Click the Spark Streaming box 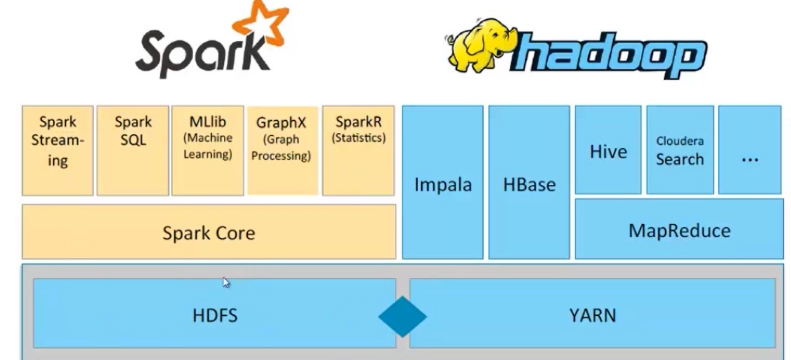pos(57,150)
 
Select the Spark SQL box pos(133,150)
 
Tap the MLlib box pos(208,150)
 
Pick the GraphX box pos(282,150)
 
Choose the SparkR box pos(358,150)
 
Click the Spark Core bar pos(209,232)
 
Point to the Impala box pos(443,183)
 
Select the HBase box pos(529,183)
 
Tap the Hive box pos(608,150)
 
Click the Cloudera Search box pos(680,150)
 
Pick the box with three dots pos(750,150)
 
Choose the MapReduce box pos(679,230)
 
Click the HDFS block pos(214,314)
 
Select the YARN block pos(592,314)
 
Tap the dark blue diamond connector pos(403,316)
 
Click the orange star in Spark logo pos(261,24)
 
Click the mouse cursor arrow pos(226,283)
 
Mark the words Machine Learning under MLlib pos(208,146)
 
